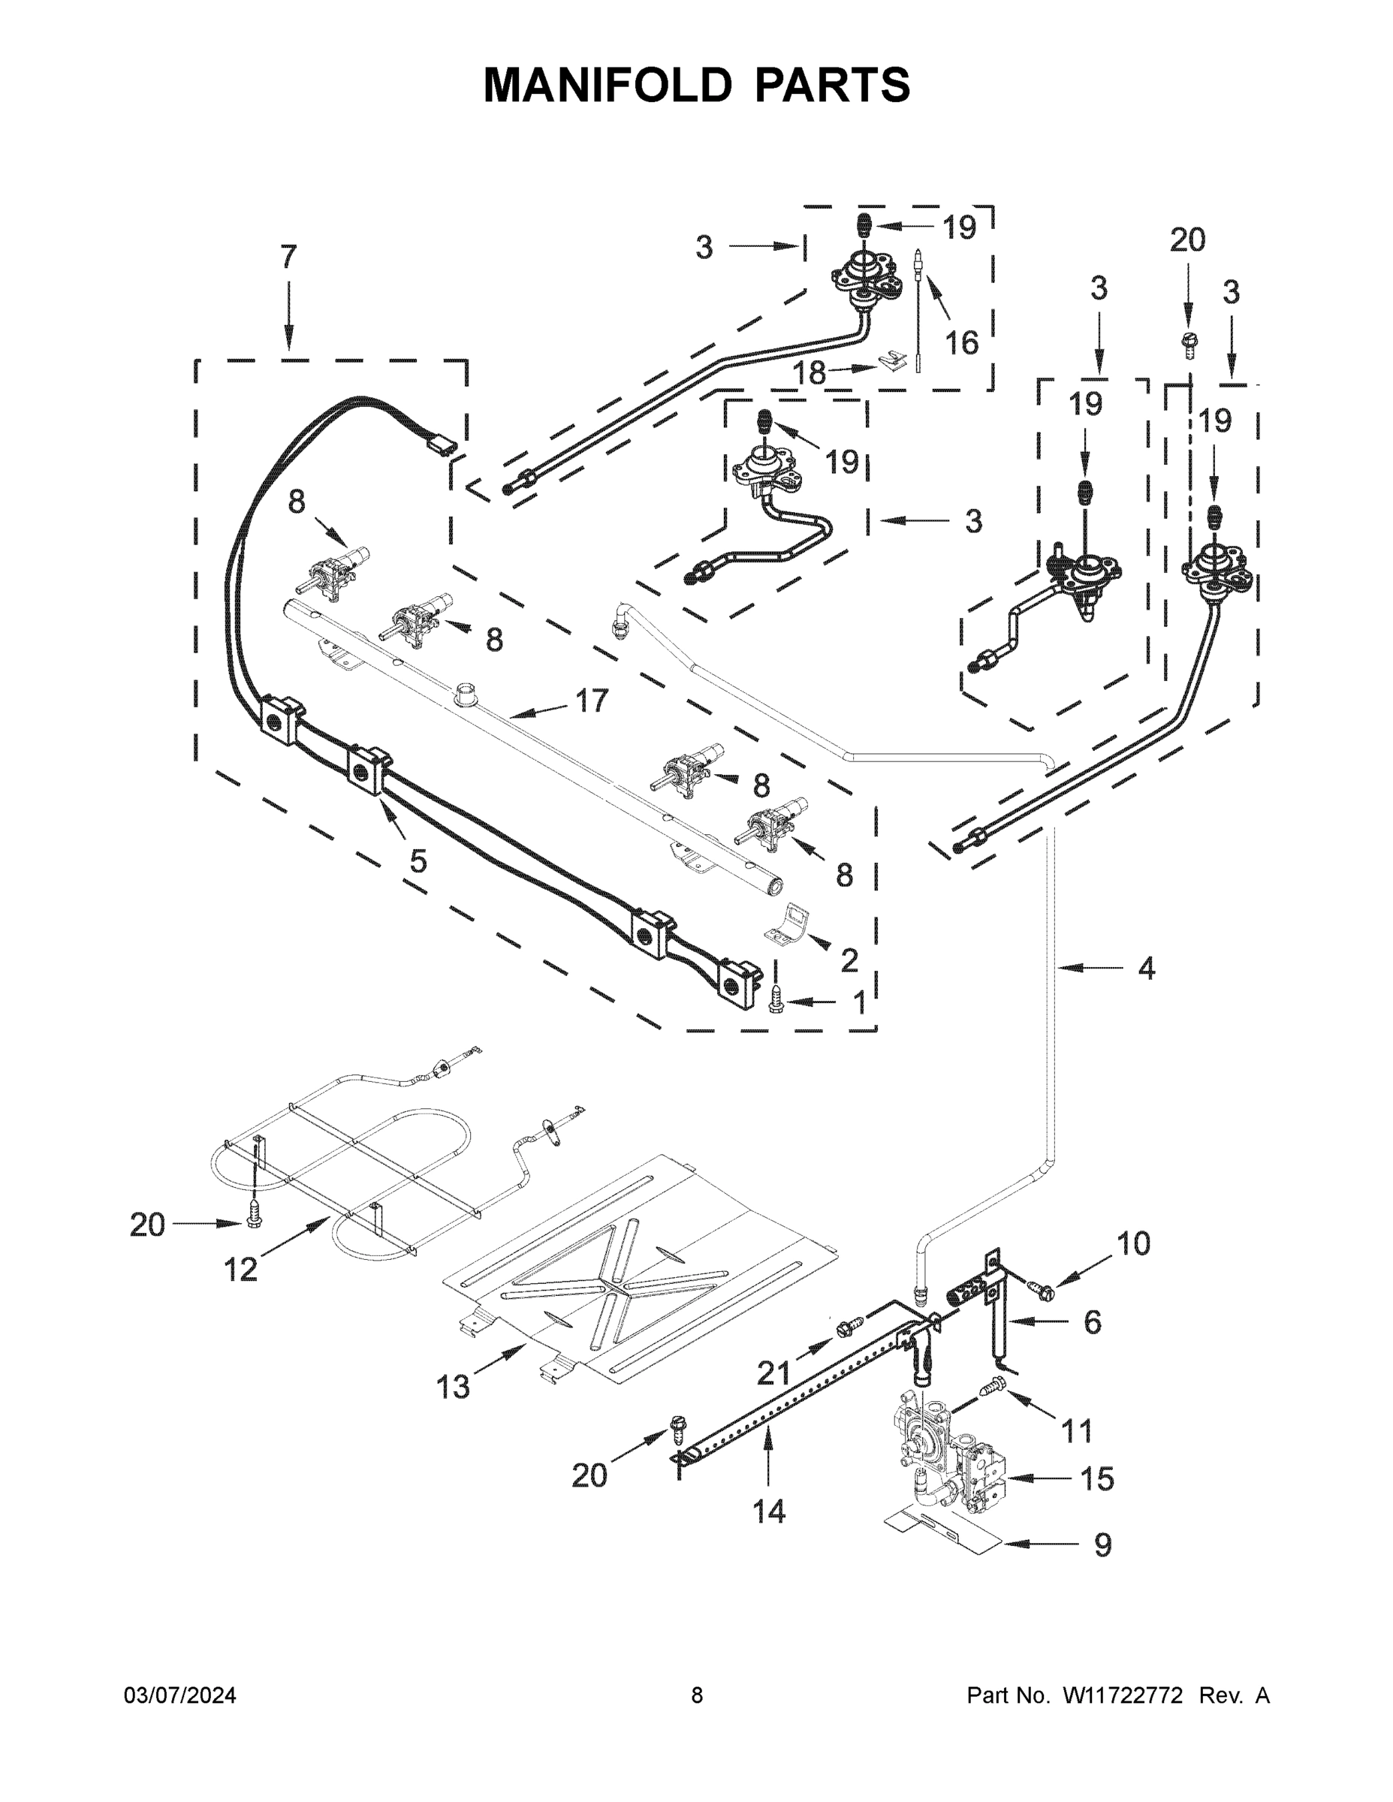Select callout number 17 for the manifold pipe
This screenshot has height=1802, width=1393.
(591, 701)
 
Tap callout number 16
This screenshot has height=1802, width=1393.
(960, 342)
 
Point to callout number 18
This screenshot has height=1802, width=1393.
(809, 374)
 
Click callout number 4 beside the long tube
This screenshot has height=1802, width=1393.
(1146, 968)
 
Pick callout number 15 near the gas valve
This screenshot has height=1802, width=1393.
(1096, 1478)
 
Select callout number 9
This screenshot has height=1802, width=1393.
(1102, 1544)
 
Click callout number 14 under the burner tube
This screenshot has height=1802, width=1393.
(768, 1511)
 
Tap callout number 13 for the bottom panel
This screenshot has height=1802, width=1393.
(453, 1387)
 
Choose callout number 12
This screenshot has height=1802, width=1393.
(241, 1269)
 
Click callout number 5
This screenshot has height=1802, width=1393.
(418, 860)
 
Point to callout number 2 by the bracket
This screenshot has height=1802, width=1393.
(849, 960)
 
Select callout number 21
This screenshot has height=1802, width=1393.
(774, 1374)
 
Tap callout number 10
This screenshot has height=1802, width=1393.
(1133, 1243)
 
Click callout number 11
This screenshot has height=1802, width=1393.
(1076, 1430)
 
